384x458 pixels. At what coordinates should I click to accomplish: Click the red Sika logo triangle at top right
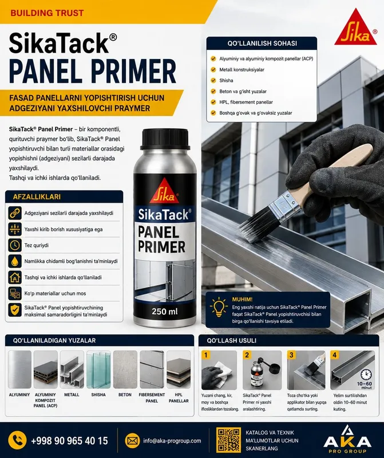tap(355, 29)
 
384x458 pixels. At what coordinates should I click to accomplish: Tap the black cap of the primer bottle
tap(165, 139)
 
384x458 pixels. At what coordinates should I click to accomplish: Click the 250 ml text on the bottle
tap(165, 311)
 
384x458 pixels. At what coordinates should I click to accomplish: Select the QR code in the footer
tap(229, 440)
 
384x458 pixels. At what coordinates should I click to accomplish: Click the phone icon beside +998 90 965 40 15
tap(17, 440)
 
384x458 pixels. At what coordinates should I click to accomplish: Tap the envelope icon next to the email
tap(132, 440)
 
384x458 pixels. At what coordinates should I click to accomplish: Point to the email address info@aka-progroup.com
tap(172, 441)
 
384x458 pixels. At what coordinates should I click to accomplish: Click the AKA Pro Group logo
tap(347, 439)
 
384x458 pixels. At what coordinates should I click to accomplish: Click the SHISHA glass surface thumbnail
tap(98, 369)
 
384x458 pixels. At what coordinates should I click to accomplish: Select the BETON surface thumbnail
tap(125, 369)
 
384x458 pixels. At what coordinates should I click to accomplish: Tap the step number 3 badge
tap(291, 355)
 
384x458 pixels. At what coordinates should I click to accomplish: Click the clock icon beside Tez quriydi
tap(15, 245)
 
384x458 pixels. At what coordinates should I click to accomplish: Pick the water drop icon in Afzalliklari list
tap(15, 261)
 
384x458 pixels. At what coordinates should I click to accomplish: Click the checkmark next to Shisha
tap(213, 80)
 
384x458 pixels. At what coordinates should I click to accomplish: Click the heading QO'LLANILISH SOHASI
tap(262, 44)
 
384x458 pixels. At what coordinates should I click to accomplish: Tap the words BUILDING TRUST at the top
tap(47, 13)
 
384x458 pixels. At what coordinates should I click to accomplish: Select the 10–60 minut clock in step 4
tap(366, 375)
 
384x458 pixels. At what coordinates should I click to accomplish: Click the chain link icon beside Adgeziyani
tap(15, 213)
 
